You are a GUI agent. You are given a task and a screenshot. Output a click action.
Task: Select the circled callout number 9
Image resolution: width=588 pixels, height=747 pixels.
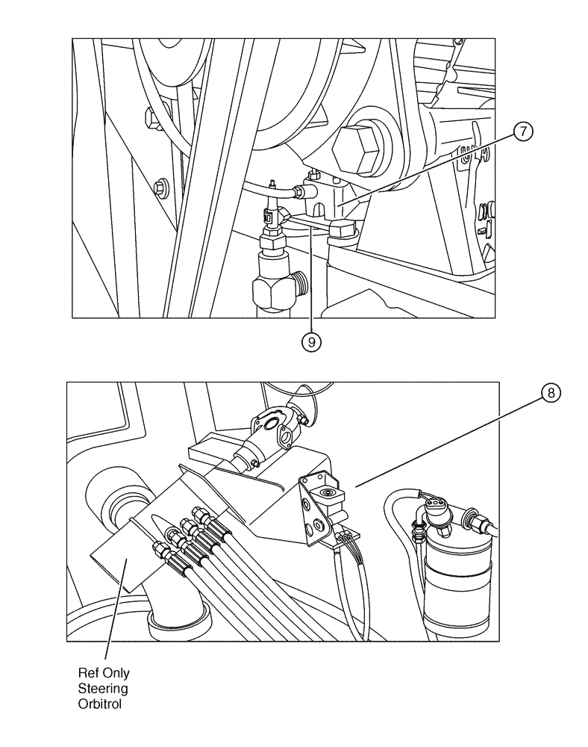[x=312, y=341]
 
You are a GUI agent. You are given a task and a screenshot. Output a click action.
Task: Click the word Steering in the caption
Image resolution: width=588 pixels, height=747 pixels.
[x=110, y=687]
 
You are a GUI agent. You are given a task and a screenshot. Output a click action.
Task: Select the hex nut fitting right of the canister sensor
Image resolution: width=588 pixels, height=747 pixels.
[x=475, y=515]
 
